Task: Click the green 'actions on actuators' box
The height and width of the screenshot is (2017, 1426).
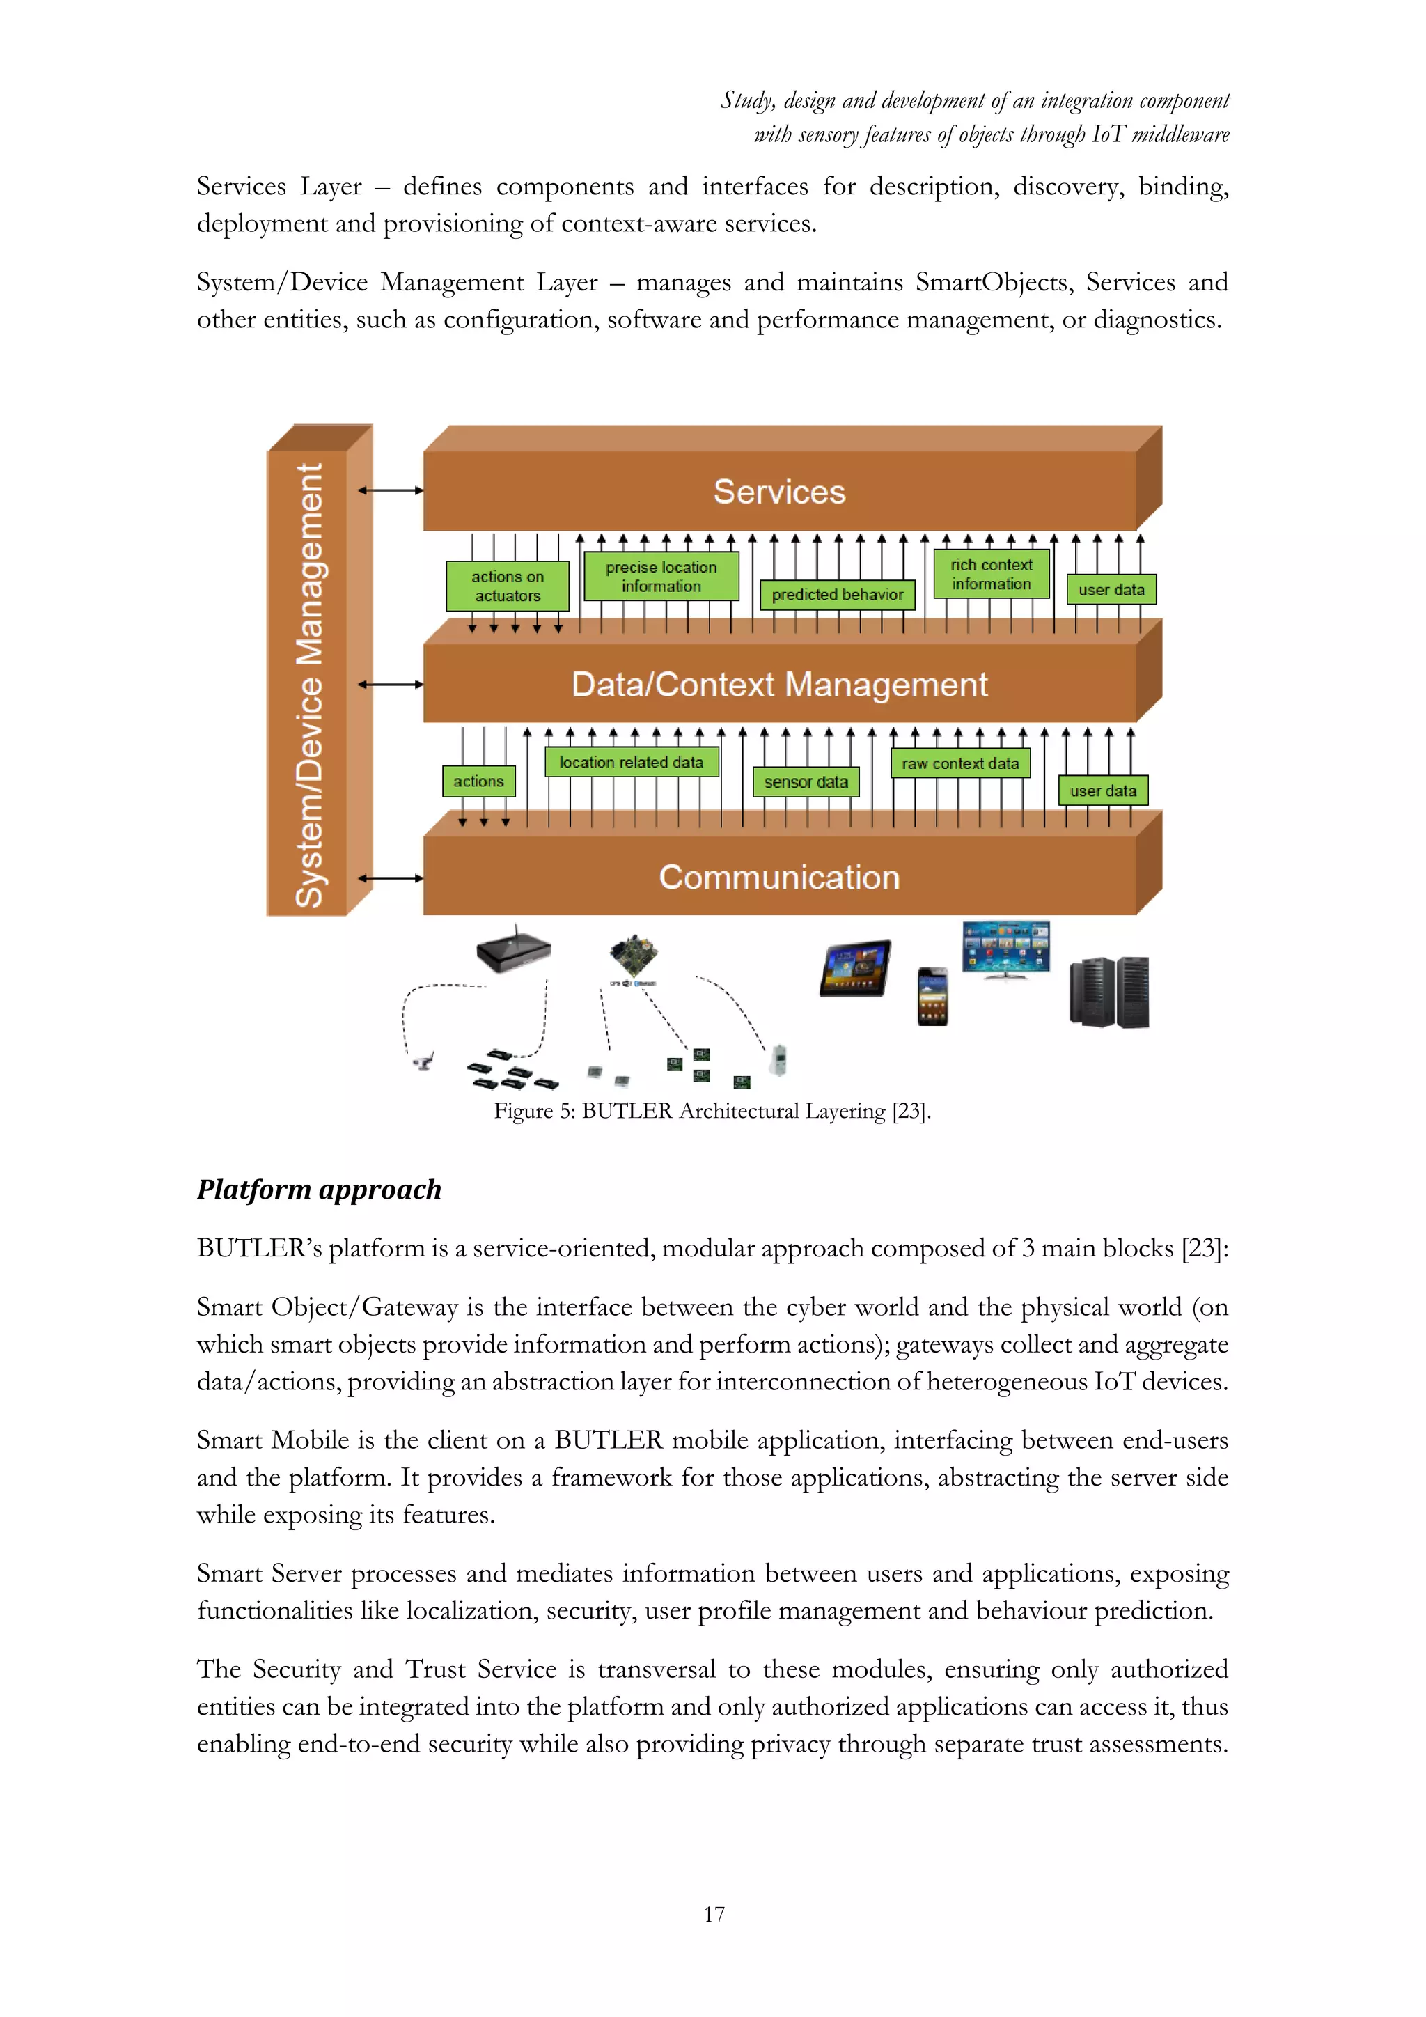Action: click(x=508, y=586)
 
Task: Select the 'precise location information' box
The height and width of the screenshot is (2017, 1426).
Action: click(x=661, y=576)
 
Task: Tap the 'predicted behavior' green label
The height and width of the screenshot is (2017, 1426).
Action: click(x=837, y=595)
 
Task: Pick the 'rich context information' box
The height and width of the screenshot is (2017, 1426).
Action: click(x=992, y=575)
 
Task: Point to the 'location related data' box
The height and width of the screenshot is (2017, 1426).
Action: click(x=632, y=763)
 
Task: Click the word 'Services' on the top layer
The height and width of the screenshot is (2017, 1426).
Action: click(x=779, y=492)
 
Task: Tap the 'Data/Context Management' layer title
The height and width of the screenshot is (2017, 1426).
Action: click(x=779, y=685)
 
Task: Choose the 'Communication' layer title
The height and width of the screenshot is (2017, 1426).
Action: click(x=779, y=878)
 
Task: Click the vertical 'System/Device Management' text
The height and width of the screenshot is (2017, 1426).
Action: click(x=309, y=685)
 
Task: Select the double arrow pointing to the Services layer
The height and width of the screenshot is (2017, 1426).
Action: click(x=391, y=490)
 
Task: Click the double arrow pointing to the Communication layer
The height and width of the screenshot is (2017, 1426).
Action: click(x=391, y=878)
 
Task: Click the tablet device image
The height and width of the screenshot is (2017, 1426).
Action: click(x=855, y=968)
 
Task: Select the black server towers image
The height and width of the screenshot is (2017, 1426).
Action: click(x=1109, y=992)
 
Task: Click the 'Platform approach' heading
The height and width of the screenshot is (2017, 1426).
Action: click(x=319, y=1190)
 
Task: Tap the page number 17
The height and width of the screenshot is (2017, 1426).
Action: click(x=714, y=1914)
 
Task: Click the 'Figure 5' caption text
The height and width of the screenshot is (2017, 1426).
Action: click(x=711, y=1112)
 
